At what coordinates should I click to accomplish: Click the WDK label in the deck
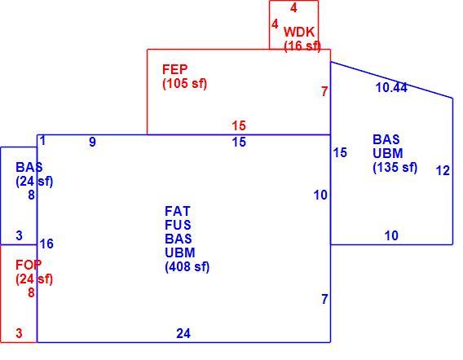coord(299,32)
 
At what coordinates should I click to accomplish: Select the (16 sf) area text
coord(302,46)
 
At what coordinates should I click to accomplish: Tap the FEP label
coord(174,69)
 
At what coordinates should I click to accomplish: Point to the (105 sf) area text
coord(185,84)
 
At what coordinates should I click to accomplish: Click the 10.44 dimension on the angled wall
coord(391,88)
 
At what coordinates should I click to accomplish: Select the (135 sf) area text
coord(395,167)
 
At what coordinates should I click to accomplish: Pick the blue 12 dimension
coord(443,170)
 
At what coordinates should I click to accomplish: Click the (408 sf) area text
coord(187,267)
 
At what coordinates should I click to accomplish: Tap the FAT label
coord(178,211)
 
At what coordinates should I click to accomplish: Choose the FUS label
coord(178,225)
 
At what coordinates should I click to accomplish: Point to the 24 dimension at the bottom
coord(183,333)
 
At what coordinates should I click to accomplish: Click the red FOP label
coord(29,265)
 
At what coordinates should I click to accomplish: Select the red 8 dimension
coord(31,292)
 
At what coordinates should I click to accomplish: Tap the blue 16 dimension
coord(46,244)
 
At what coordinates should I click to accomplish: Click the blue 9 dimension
coord(92,143)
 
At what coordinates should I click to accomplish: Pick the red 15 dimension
coord(239,125)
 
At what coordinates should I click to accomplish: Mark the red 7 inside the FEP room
coord(324,91)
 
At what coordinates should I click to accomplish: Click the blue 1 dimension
coord(43,141)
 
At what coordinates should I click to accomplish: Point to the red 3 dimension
coord(19,333)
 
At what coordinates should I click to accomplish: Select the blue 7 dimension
coord(324,299)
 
